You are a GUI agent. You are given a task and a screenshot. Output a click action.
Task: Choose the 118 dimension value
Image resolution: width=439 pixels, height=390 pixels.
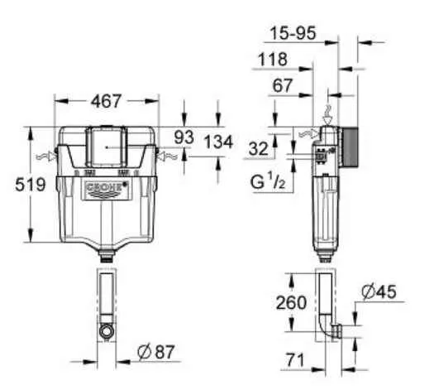pos(274,60)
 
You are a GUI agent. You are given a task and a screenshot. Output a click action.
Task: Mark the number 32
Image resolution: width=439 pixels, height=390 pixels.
pos(259,149)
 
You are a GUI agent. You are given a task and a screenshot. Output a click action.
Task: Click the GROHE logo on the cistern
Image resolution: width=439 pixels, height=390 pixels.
pos(105,190)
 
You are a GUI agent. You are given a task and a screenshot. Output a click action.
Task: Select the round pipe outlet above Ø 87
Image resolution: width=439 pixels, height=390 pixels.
pos(106,331)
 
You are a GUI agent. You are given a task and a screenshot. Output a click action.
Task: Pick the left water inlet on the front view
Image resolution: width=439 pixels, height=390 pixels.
pos(46,155)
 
